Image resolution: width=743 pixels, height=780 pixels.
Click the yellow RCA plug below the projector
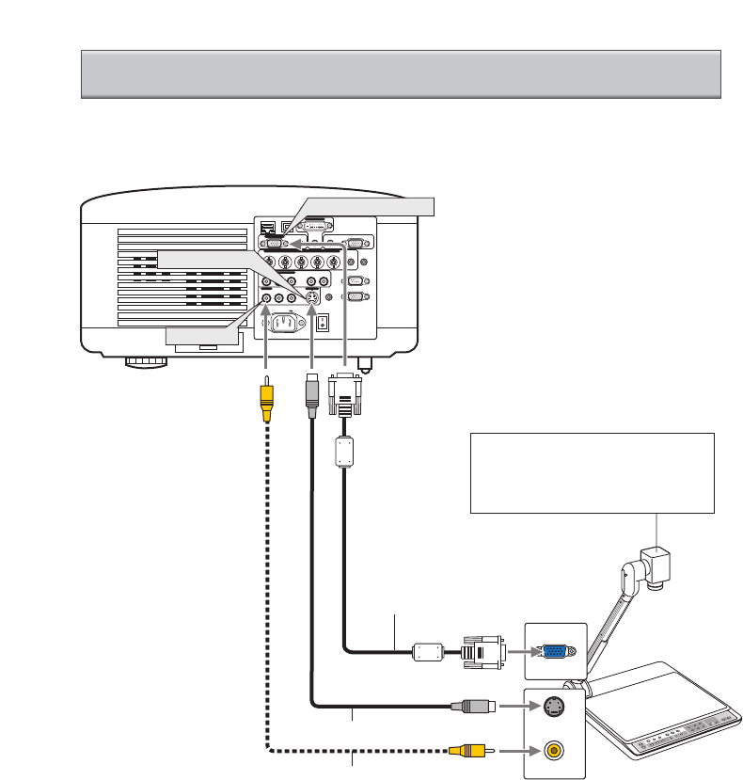(267, 396)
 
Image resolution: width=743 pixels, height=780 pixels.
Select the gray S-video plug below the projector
(311, 395)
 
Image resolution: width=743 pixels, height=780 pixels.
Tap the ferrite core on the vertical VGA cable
(344, 453)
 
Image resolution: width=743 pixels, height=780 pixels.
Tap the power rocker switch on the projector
(324, 323)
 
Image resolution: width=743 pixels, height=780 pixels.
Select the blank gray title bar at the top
(401, 74)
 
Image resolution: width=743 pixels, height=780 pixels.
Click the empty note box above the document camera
(592, 472)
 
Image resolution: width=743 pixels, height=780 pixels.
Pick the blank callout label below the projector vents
(201, 335)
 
